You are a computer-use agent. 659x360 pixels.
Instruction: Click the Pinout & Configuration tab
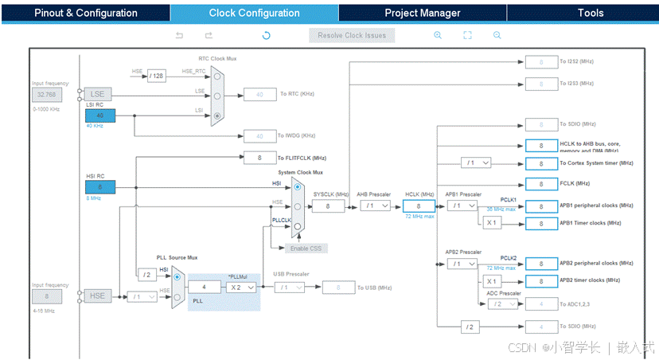[85, 13]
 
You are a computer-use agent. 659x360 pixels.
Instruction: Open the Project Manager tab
[422, 13]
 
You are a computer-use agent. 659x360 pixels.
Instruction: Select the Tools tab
[590, 13]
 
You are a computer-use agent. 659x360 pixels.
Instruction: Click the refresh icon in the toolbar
[266, 35]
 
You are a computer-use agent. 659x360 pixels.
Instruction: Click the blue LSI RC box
[100, 115]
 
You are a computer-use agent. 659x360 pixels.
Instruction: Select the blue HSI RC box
[100, 186]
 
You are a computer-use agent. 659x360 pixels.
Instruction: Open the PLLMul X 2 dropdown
[240, 287]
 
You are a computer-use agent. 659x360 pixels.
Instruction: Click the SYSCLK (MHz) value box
[327, 205]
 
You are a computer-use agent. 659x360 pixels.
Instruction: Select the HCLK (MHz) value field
[419, 205]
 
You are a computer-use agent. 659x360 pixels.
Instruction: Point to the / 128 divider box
[156, 76]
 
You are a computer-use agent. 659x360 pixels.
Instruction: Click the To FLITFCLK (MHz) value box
[259, 158]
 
